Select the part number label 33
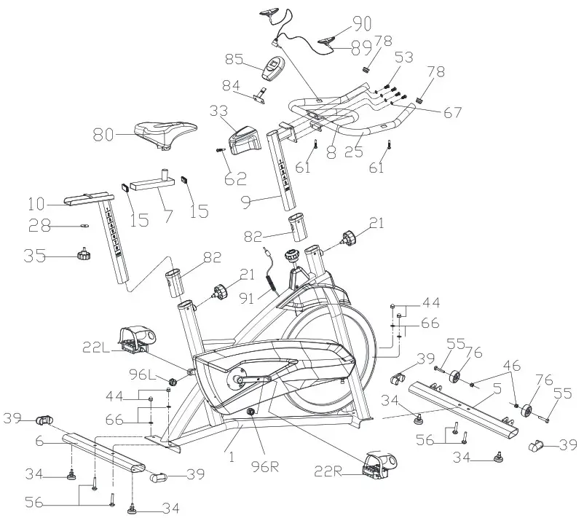click(218, 111)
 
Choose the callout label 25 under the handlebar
click(353, 152)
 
